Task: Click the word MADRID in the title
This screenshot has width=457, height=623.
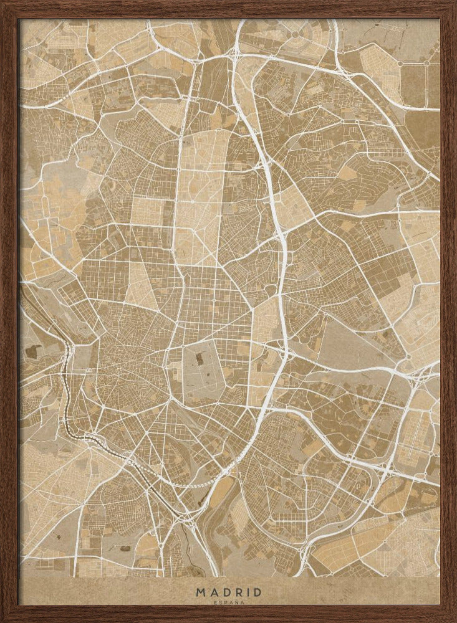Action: [x=229, y=592]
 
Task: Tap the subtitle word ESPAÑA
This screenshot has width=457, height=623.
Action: [x=229, y=602]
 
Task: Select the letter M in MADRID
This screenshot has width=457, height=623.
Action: [x=200, y=592]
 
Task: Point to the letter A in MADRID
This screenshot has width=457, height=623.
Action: [x=213, y=592]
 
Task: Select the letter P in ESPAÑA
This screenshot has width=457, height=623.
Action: [x=226, y=602]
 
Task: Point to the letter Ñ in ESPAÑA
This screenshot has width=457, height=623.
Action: [x=237, y=602]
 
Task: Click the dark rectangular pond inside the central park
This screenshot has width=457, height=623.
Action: [x=199, y=359]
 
